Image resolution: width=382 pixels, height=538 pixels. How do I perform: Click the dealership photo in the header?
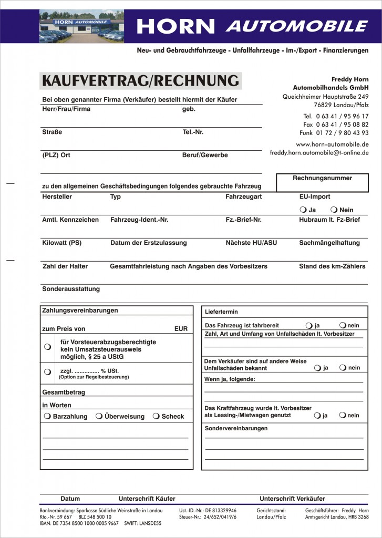[81, 26]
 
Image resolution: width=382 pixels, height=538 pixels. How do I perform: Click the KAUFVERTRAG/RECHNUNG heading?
[140, 81]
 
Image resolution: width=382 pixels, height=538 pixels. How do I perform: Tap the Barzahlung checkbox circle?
[48, 416]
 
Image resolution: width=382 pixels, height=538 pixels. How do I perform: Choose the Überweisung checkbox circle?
[99, 416]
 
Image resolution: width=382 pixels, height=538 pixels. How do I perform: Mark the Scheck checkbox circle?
[156, 416]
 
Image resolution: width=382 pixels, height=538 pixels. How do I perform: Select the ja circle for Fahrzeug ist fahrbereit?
[309, 325]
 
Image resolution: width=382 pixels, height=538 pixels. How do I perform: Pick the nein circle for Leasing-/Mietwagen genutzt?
[343, 415]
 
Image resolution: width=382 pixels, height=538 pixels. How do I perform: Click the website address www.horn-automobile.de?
[332, 144]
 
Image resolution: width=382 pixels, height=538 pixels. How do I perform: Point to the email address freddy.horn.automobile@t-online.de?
[319, 153]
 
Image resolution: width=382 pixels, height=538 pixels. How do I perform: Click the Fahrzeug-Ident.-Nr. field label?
[139, 220]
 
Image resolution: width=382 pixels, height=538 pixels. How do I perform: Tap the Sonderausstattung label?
[71, 289]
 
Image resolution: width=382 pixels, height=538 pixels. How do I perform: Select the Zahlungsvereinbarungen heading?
[80, 311]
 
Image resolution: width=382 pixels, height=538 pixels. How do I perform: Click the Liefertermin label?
[221, 312]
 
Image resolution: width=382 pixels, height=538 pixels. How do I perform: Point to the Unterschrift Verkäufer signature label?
[292, 499]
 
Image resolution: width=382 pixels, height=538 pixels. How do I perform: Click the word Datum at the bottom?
[70, 499]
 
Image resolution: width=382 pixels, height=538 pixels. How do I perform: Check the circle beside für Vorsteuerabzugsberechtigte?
[47, 346]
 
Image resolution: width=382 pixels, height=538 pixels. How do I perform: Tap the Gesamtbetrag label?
[64, 392]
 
